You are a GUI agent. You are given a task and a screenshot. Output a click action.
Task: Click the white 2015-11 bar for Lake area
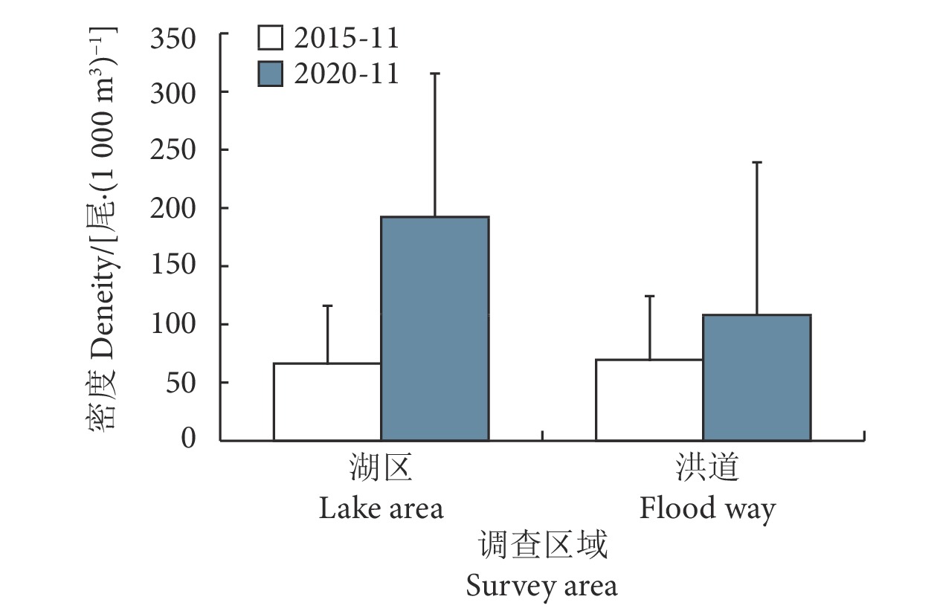tap(327, 401)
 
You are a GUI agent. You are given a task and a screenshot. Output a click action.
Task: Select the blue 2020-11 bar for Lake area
tap(434, 328)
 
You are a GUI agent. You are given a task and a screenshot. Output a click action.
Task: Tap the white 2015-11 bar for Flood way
tap(649, 399)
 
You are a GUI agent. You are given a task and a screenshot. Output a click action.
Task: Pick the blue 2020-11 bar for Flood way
tap(756, 377)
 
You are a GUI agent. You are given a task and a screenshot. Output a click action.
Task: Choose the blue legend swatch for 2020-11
tap(270, 74)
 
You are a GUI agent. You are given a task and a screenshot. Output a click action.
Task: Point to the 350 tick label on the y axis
tap(173, 36)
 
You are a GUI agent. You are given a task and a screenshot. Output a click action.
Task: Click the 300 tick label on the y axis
tap(173, 93)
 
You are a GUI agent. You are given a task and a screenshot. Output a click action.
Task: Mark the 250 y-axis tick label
tap(173, 151)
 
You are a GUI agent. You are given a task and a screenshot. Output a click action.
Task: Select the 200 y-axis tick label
tap(173, 209)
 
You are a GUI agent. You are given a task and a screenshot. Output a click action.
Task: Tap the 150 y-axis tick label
tap(173, 267)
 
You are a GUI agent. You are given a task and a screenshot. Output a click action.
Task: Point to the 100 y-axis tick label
tap(173, 325)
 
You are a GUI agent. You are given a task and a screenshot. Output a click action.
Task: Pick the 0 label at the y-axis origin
tap(188, 439)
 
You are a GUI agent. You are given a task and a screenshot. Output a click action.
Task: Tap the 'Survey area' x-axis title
tap(541, 586)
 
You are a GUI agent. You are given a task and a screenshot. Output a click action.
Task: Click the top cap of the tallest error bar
tap(434, 74)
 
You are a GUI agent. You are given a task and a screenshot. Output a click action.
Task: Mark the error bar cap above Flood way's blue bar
tap(756, 162)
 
